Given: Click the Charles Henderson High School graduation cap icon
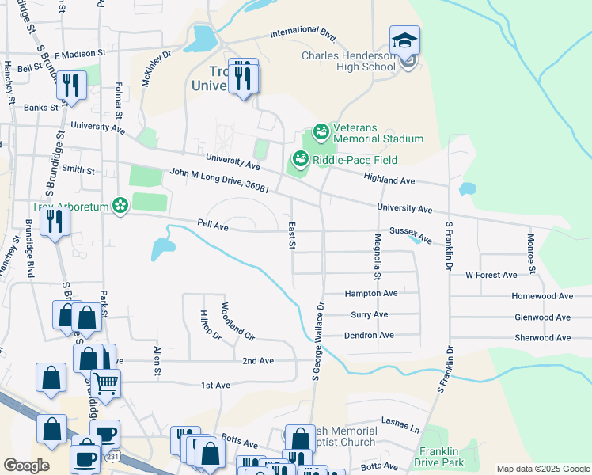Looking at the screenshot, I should (x=404, y=40).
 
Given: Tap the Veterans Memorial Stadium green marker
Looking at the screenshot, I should (x=321, y=131).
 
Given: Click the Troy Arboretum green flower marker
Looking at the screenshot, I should (x=120, y=206).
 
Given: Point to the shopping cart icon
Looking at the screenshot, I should (x=105, y=384).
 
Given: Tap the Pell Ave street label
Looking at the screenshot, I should (x=213, y=226).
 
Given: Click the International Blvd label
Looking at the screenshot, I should (x=302, y=36).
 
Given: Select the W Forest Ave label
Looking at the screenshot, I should (x=491, y=275).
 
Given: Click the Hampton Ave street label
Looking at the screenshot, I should (x=370, y=293).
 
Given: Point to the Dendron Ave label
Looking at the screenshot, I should (x=369, y=336).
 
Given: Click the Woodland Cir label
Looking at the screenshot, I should (x=237, y=321).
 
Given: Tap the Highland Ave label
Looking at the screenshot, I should (x=389, y=180).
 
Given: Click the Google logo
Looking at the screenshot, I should (x=26, y=465).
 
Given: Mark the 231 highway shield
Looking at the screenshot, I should (x=112, y=457).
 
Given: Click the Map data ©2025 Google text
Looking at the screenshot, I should (x=543, y=469).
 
